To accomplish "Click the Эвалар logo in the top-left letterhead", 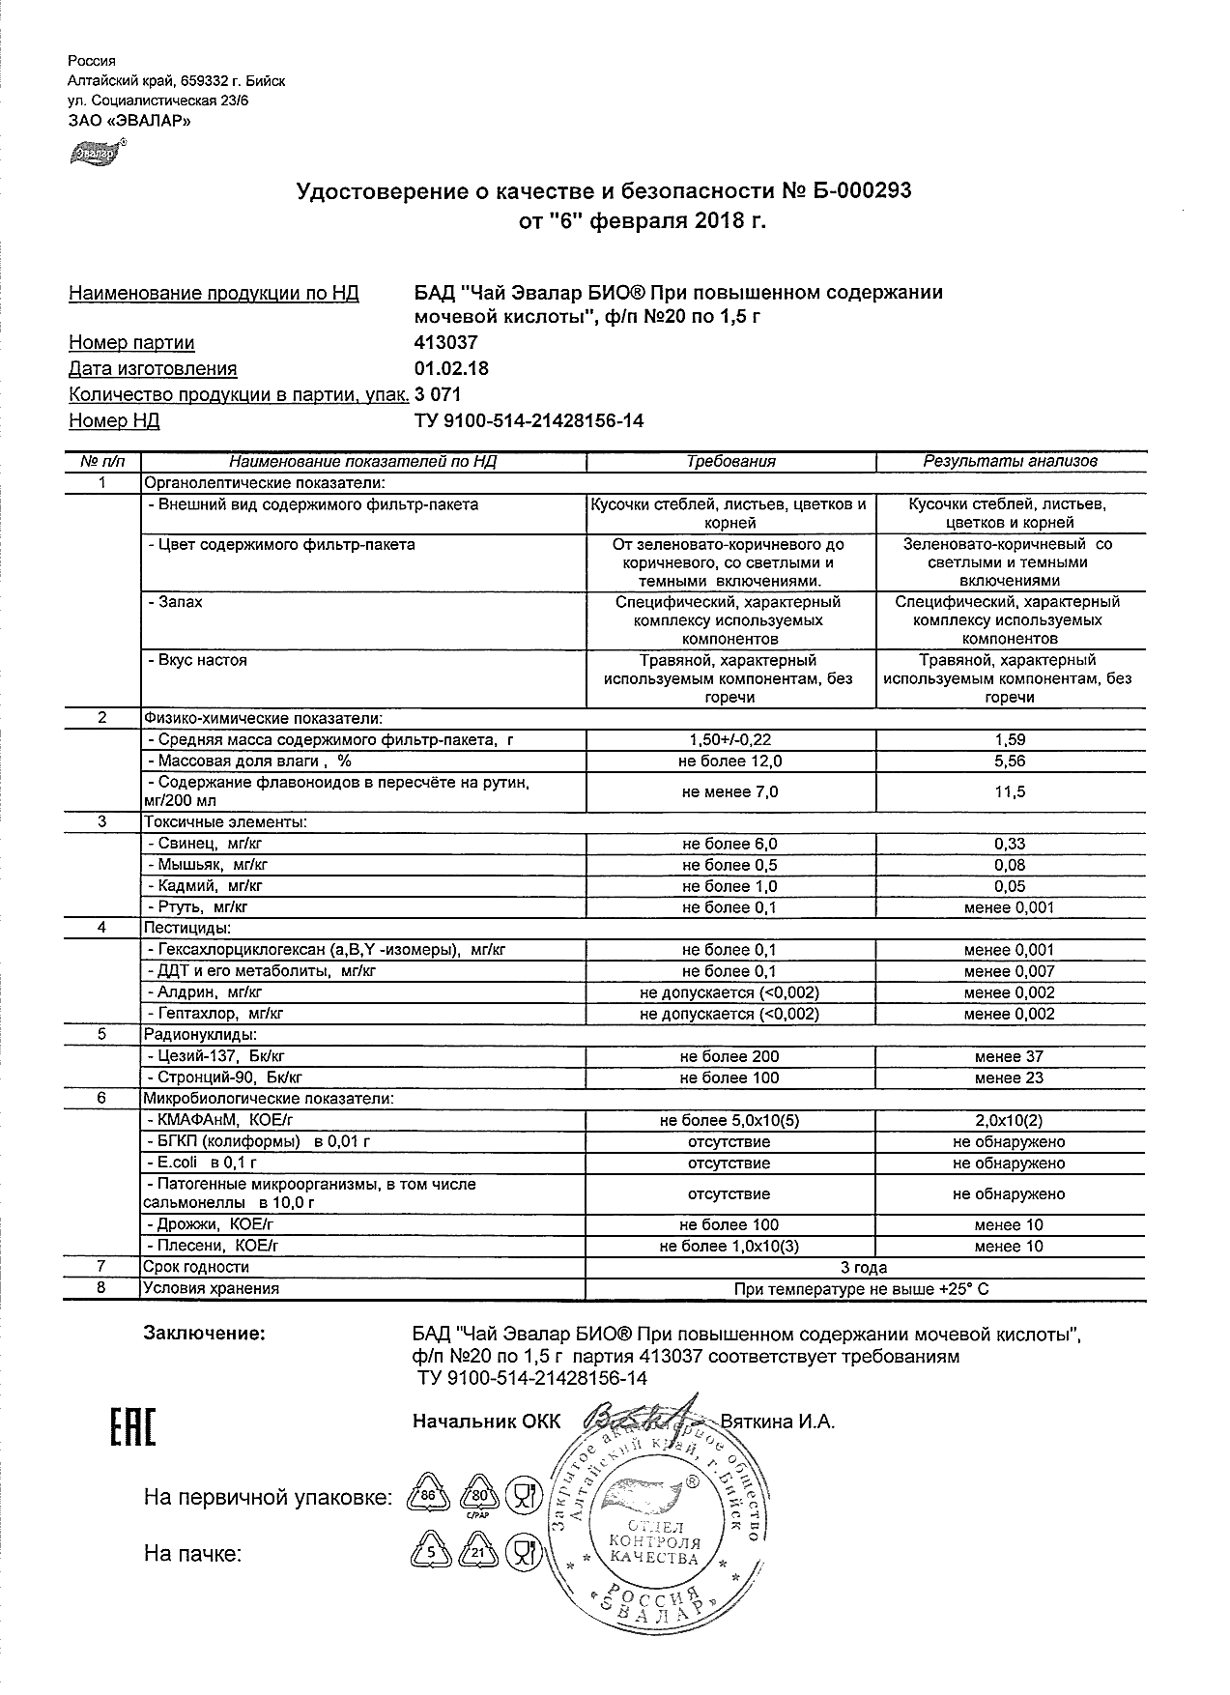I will pyautogui.click(x=94, y=151).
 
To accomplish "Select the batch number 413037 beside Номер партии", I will pyautogui.click(x=445, y=343).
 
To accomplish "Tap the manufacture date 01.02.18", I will pyautogui.click(x=450, y=368).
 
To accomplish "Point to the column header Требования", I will pyautogui.click(x=730, y=462).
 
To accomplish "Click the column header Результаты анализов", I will pyautogui.click(x=1010, y=462).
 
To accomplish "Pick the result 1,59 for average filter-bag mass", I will pyautogui.click(x=1010, y=740).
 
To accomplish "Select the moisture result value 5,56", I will pyautogui.click(x=1010, y=761).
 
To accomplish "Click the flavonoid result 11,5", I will pyautogui.click(x=1010, y=792).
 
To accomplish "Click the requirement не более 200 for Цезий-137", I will pyautogui.click(x=730, y=1057).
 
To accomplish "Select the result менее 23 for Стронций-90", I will pyautogui.click(x=1010, y=1078).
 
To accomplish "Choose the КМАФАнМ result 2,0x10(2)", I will pyautogui.click(x=1010, y=1121).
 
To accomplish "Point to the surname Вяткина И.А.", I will pyautogui.click(x=778, y=1422).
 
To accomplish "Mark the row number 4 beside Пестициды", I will pyautogui.click(x=102, y=928).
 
